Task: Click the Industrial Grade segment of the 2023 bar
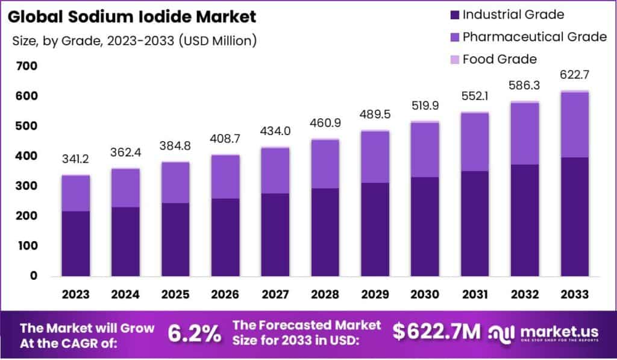[x=75, y=243]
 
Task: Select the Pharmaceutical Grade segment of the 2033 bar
[x=574, y=125]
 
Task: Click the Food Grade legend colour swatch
[x=454, y=59]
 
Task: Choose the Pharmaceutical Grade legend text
[x=534, y=37]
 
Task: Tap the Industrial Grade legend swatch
[x=454, y=14]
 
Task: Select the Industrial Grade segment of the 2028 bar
[x=325, y=232]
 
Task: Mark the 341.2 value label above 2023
[x=75, y=160]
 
